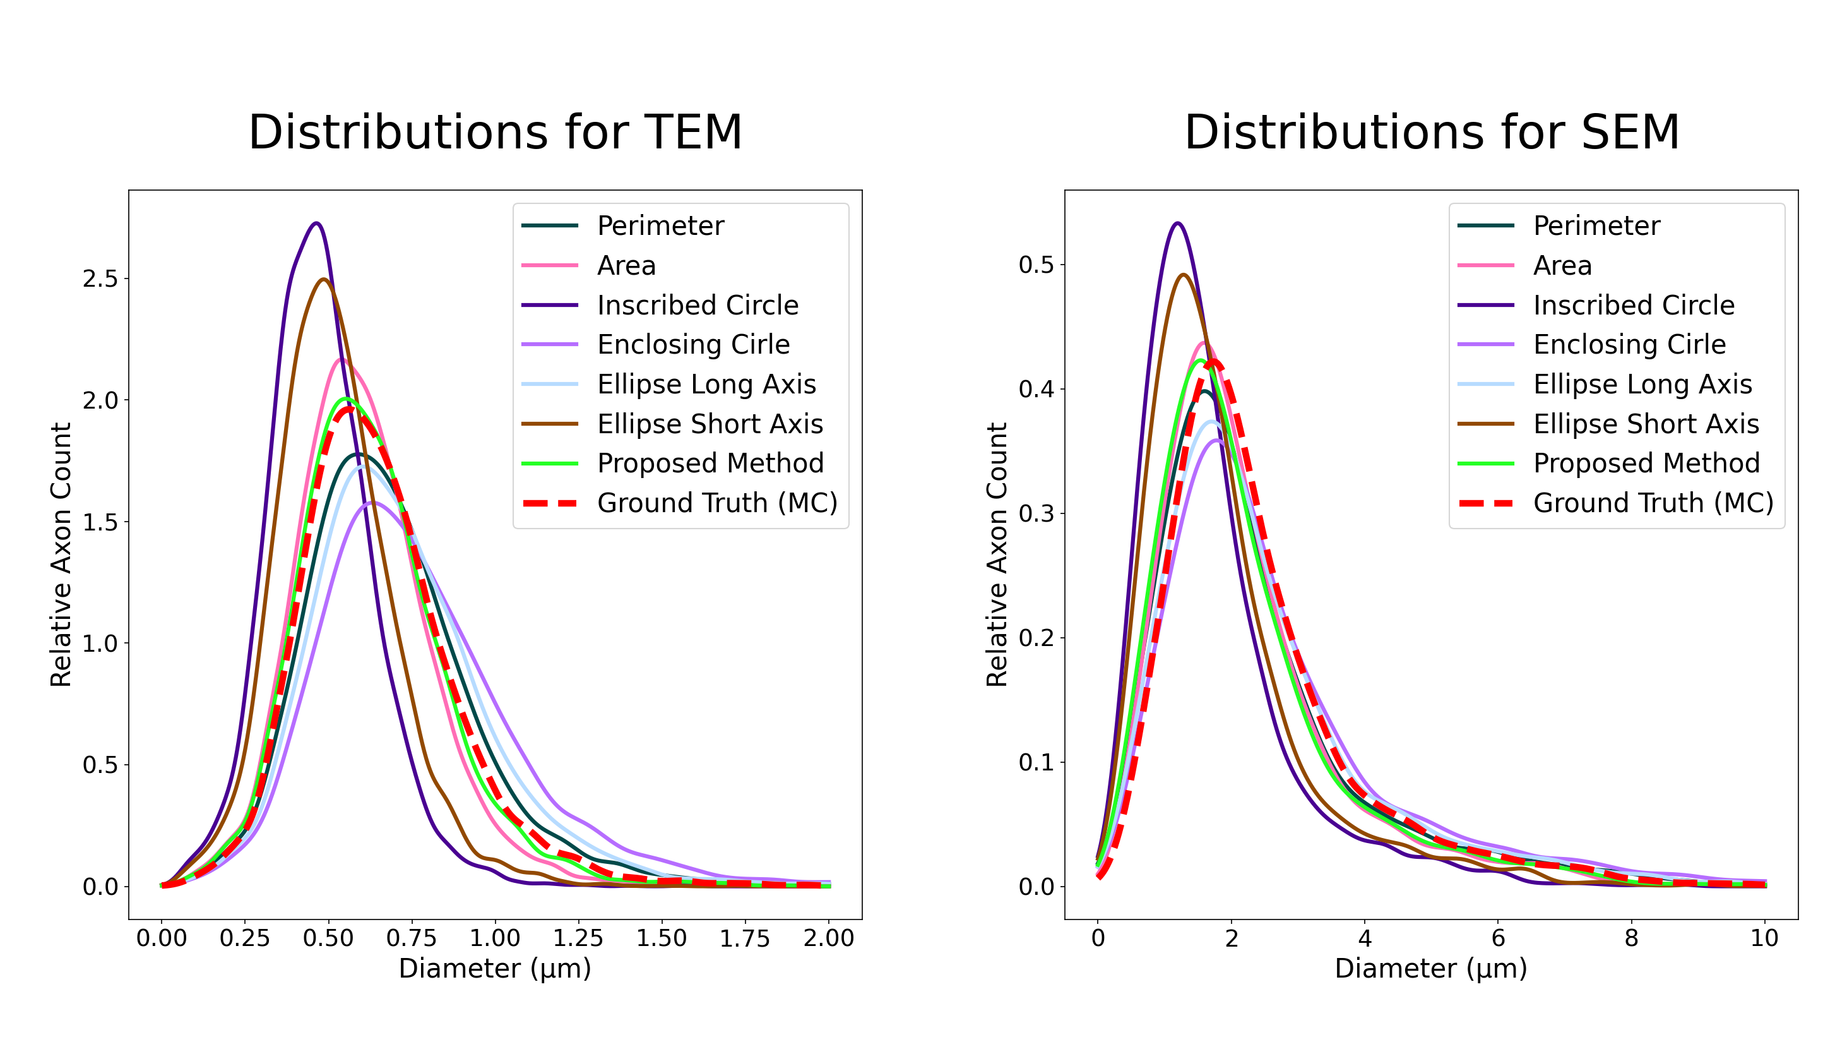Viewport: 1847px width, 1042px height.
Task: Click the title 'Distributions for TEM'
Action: pos(495,133)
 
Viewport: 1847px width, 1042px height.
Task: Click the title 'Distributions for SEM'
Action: pos(1431,133)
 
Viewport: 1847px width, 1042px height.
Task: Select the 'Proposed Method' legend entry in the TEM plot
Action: pos(710,464)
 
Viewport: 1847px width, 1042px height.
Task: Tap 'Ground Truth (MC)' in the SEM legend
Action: pos(1653,503)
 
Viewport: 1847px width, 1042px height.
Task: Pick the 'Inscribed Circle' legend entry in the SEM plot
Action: pos(1634,306)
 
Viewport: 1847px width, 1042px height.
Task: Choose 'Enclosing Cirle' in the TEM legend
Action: pos(693,345)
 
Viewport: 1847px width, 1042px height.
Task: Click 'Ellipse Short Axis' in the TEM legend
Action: pos(710,424)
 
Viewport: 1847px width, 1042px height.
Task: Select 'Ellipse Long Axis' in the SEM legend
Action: pos(1642,385)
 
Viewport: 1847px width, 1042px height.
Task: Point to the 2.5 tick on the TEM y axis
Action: pos(100,278)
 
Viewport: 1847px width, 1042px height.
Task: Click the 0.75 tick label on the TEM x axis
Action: pos(412,938)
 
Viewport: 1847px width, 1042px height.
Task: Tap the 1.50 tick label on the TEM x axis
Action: pos(661,938)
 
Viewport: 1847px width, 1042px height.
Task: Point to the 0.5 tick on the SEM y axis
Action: pos(1036,265)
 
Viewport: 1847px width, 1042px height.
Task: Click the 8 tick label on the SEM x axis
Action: pos(1631,938)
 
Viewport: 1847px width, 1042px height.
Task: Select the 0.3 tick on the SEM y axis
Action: pos(1036,513)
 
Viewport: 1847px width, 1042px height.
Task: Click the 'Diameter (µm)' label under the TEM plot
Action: pos(495,969)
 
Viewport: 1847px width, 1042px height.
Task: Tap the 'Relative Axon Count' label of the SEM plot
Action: pos(997,554)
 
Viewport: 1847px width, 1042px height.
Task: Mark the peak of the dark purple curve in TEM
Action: pos(316,223)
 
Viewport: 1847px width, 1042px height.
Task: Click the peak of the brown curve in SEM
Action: pos(1183,275)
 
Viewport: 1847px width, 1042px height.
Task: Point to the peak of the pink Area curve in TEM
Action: pos(341,359)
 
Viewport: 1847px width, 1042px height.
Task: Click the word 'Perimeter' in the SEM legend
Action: pos(1596,226)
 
